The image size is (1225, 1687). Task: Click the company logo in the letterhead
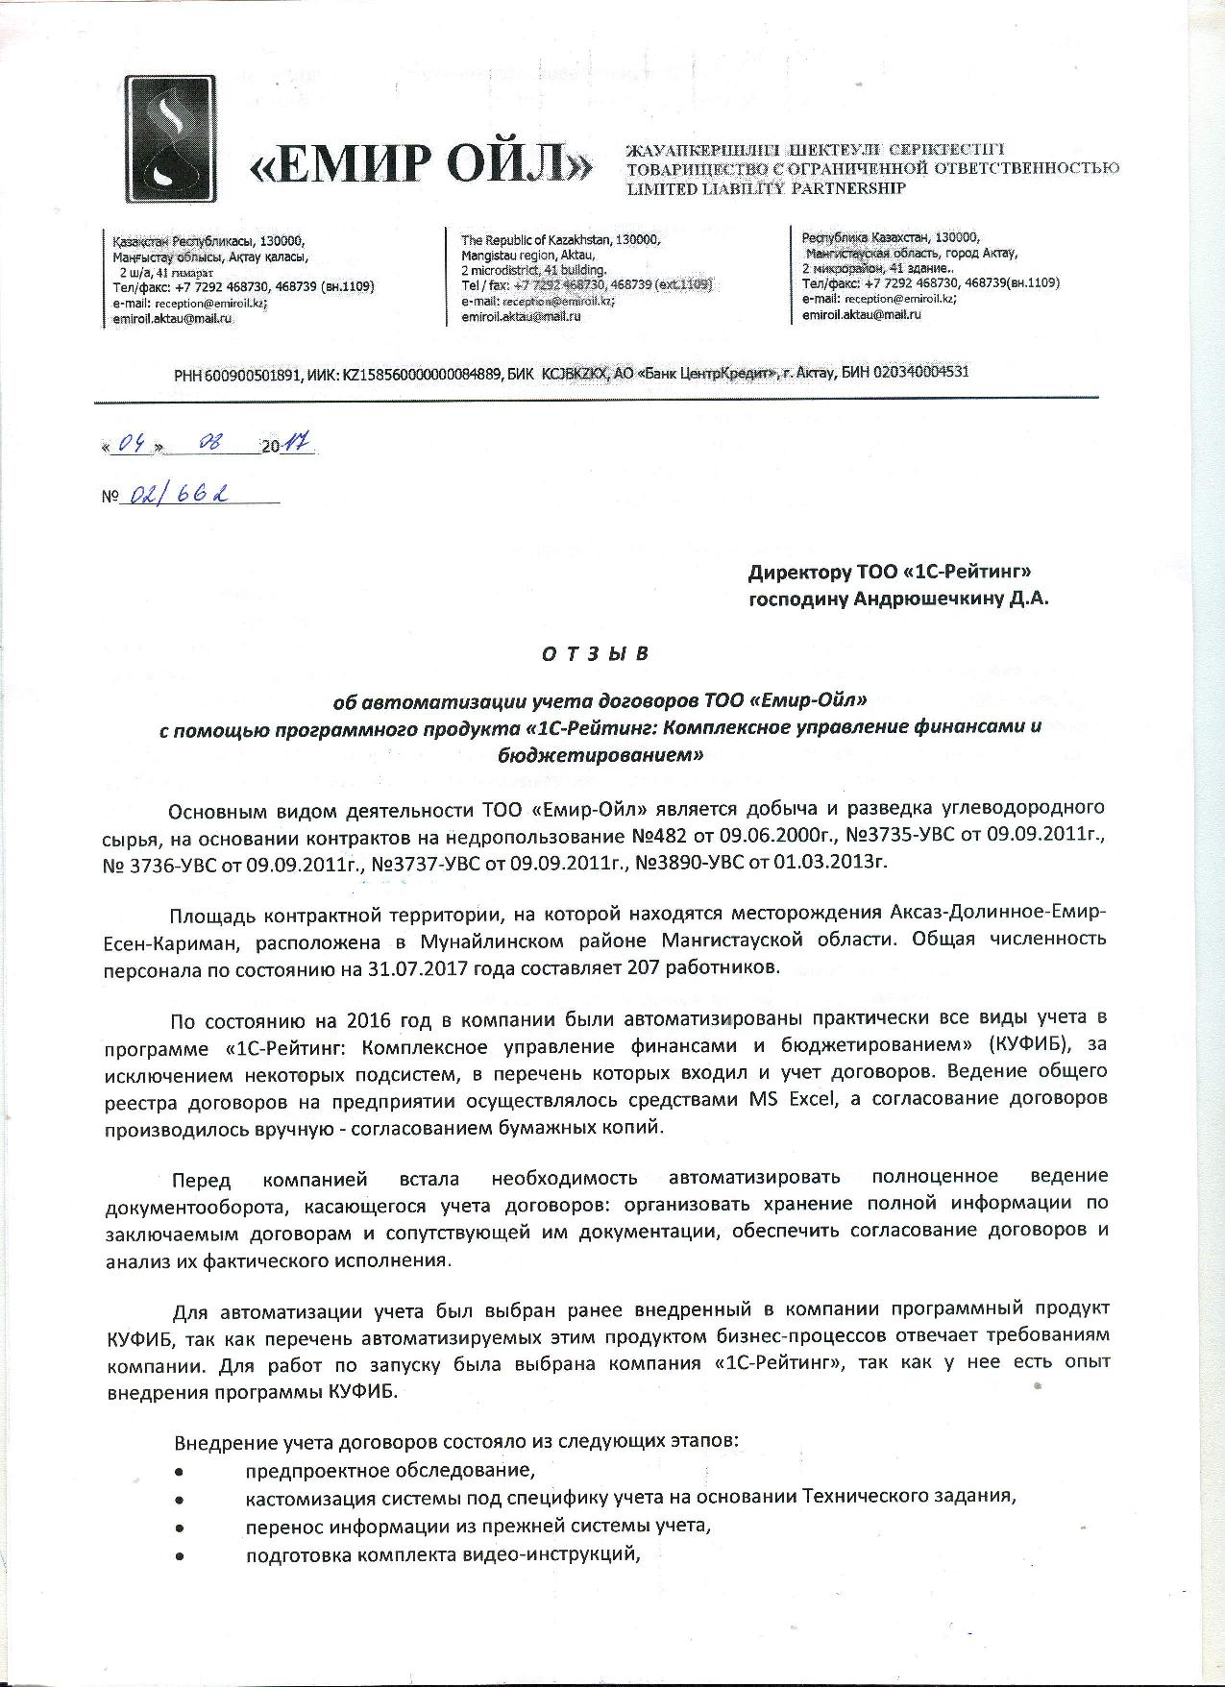176,142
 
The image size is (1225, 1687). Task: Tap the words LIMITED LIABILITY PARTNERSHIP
766,189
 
